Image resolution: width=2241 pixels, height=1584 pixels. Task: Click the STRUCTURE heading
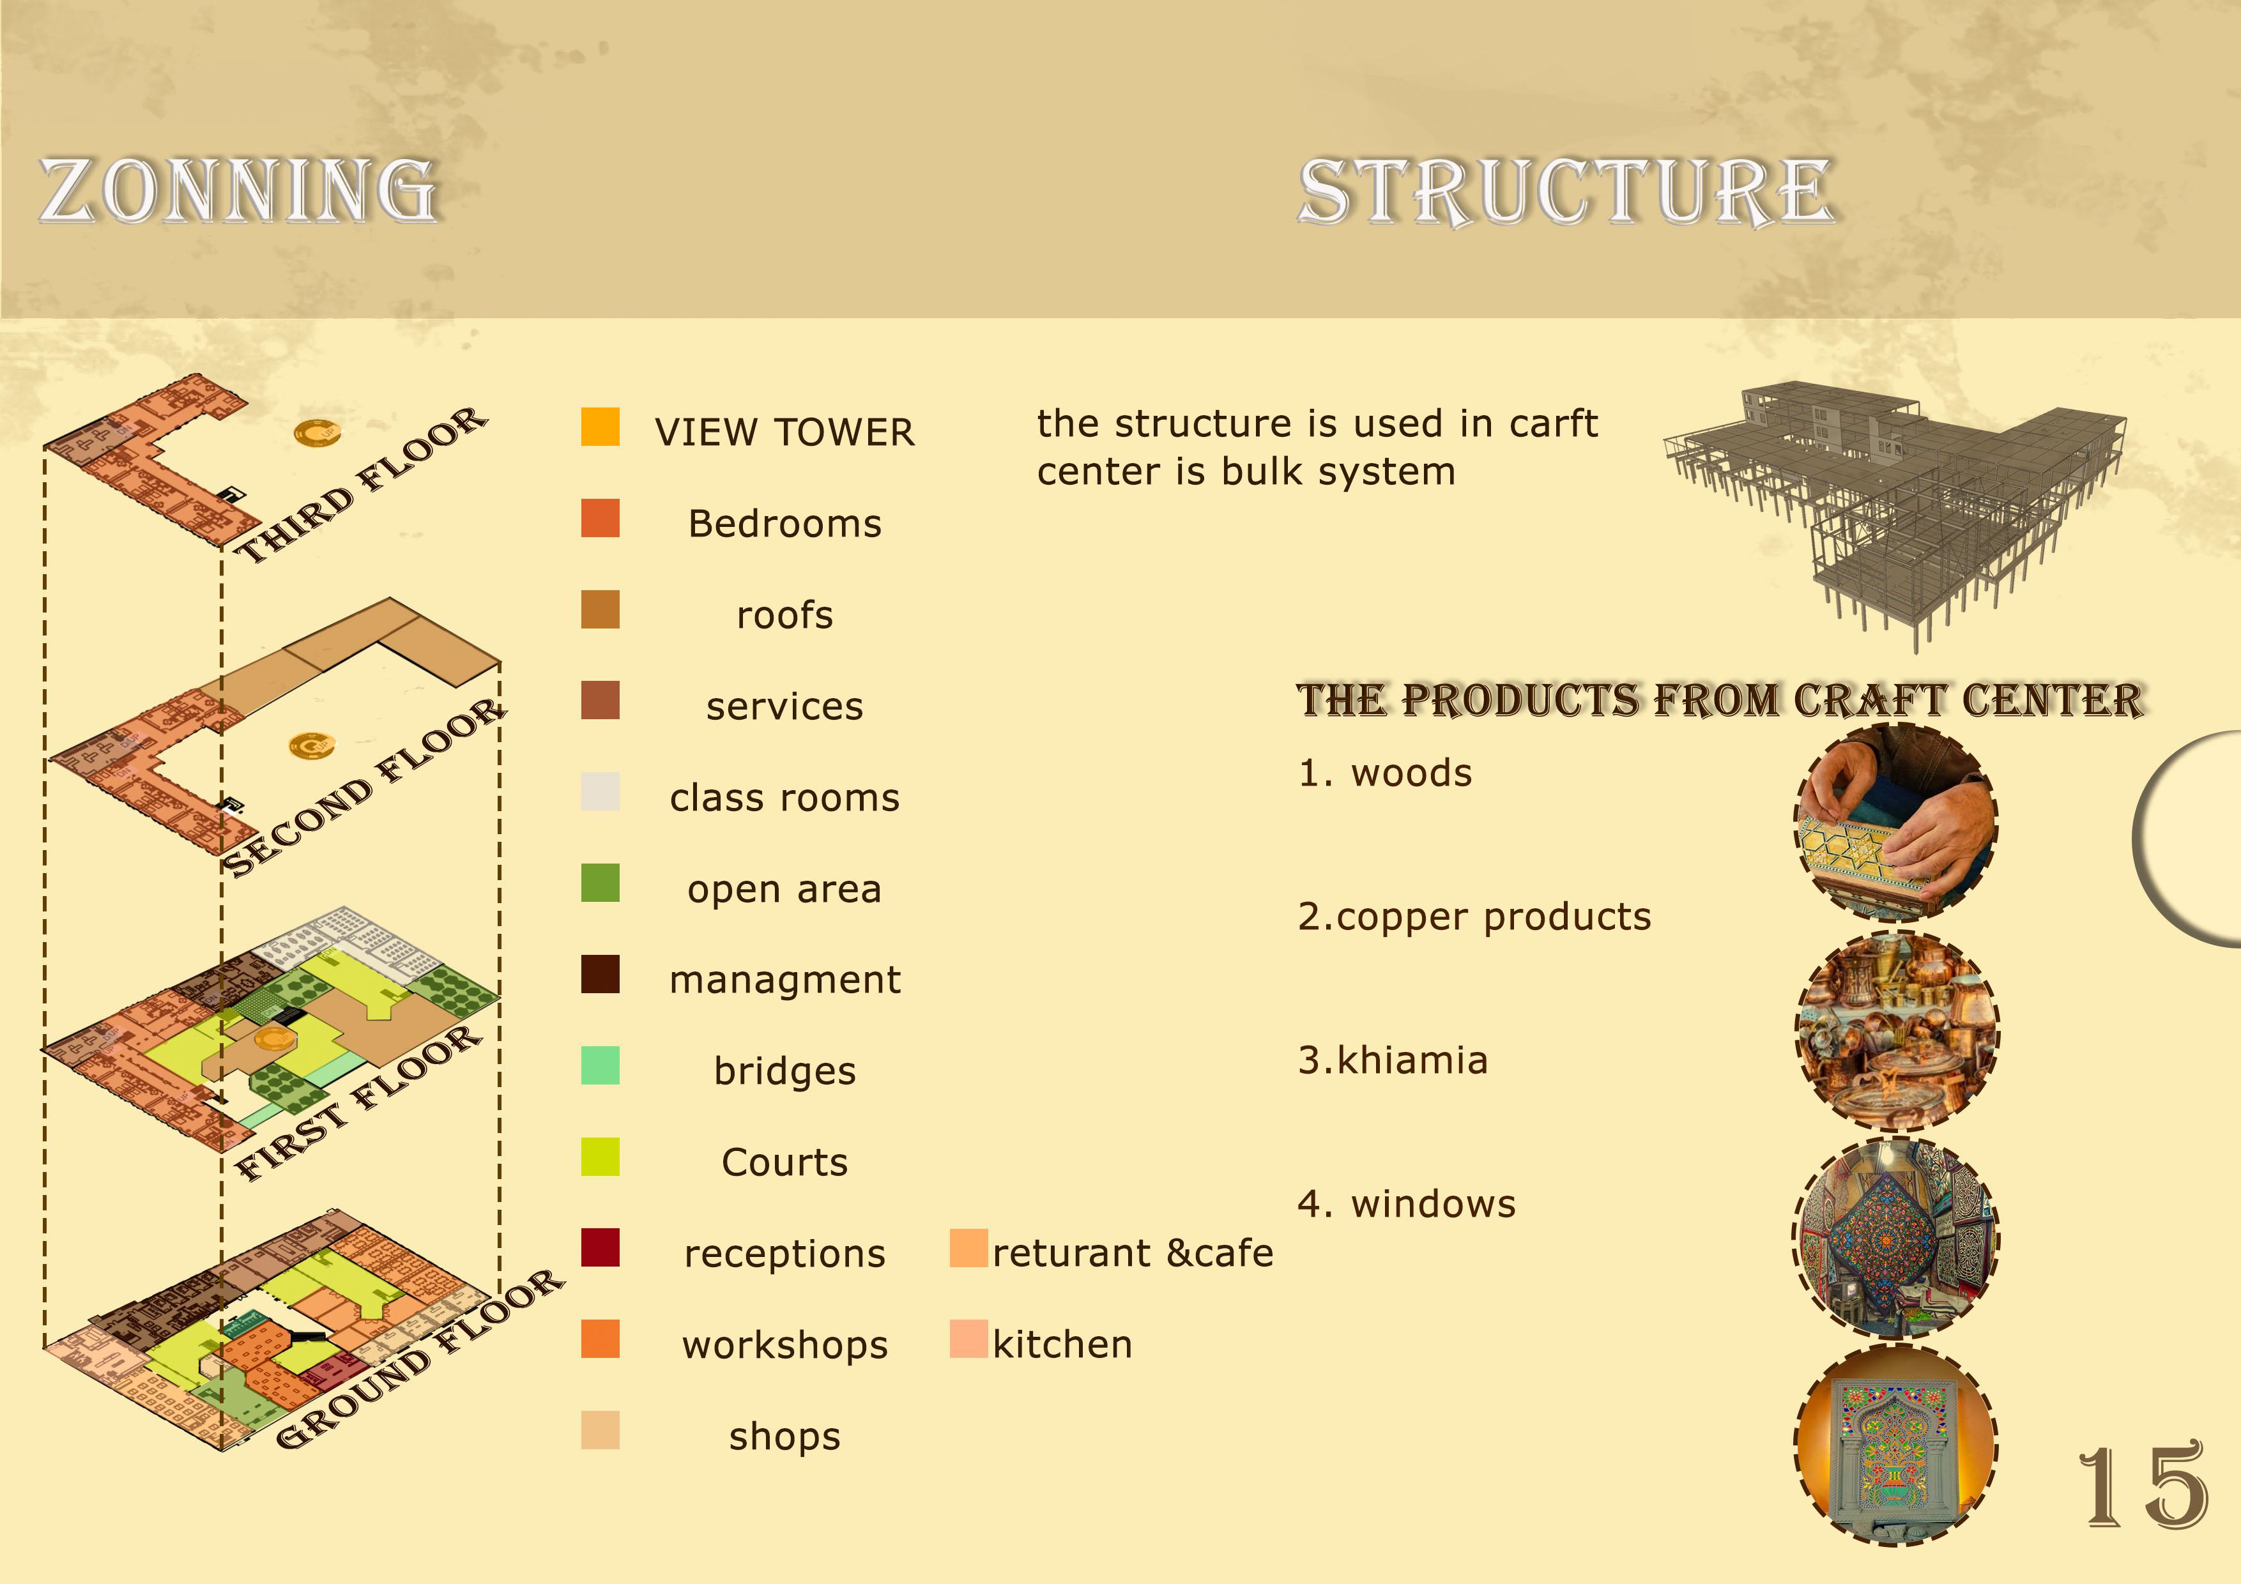pyautogui.click(x=1566, y=192)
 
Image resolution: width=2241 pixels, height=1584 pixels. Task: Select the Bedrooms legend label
pyautogui.click(x=784, y=524)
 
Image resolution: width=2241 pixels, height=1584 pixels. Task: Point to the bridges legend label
pyautogui.click(x=784, y=1070)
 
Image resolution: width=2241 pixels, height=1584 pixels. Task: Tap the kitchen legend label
pyautogui.click(x=1062, y=1345)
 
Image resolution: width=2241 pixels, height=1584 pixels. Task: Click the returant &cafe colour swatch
pyautogui.click(x=968, y=1248)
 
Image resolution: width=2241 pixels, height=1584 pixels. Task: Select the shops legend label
pyautogui.click(x=784, y=1436)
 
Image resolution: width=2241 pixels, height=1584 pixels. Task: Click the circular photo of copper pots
pyautogui.click(x=1897, y=1032)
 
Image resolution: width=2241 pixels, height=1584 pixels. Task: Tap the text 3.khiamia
pyautogui.click(x=1393, y=1060)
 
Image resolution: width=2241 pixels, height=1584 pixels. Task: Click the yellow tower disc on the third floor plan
pyautogui.click(x=317, y=432)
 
